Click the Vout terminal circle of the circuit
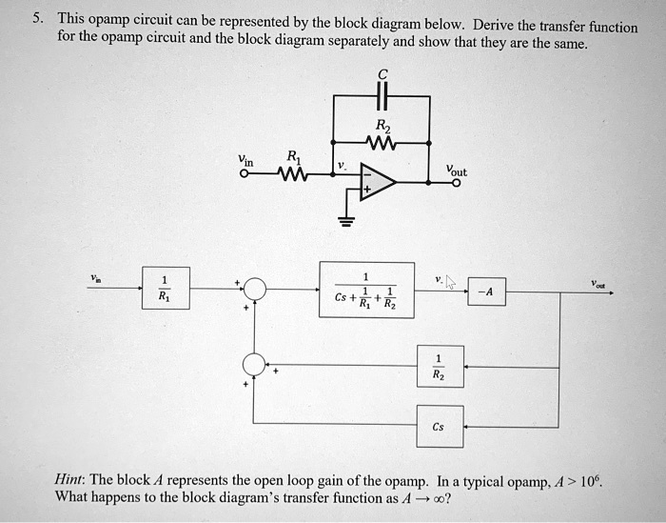456,184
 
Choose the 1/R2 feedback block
438,367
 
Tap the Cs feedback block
438,427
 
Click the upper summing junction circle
255,288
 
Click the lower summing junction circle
255,366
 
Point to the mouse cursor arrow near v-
451,283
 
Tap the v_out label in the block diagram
597,283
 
